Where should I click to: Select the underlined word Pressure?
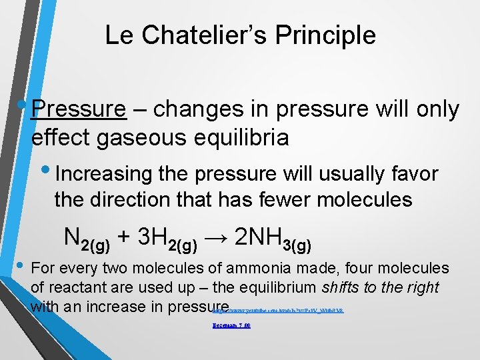79,109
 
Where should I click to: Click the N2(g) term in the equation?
87,237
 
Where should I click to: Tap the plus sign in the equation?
124,237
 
